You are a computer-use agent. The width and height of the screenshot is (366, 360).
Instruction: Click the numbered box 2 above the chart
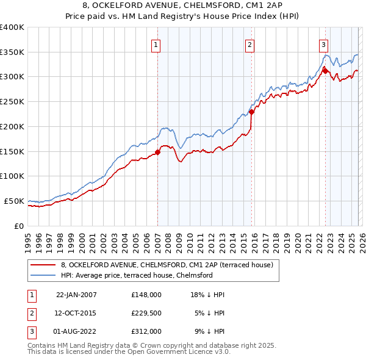pos(250,45)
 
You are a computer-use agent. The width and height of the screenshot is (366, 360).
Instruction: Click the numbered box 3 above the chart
pos(323,45)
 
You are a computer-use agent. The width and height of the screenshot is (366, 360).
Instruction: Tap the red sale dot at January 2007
pos(157,152)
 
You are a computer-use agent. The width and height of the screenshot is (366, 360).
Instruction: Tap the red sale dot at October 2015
pos(251,112)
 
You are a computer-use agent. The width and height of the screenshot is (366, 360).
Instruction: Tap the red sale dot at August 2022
pos(325,70)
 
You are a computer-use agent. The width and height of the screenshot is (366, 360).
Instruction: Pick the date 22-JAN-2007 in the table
pos(76,295)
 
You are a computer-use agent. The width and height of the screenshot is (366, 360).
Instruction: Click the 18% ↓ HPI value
pos(209,295)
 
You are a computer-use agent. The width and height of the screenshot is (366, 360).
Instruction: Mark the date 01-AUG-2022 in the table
pos(76,331)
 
